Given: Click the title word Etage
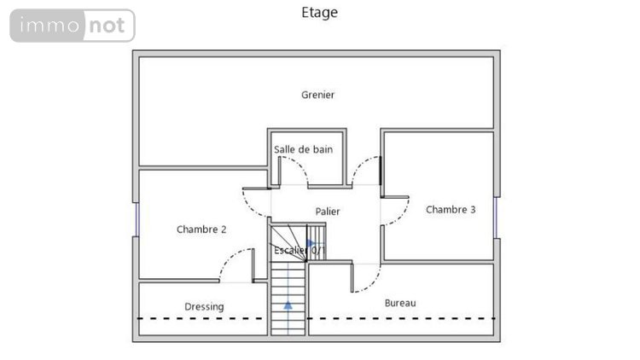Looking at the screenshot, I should pos(320,12).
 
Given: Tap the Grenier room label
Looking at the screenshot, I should pos(317,95).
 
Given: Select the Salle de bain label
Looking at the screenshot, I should pos(303,149).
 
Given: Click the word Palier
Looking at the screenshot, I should pos(327,212).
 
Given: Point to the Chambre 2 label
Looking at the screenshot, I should pos(201,229).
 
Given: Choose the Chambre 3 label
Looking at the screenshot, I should pos(450,209).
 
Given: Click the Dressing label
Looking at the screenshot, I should pos(204,306).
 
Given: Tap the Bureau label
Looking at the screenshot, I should pos(400,303).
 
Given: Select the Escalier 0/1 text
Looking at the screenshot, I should pos(299,250).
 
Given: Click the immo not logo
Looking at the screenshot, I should pos(73,26).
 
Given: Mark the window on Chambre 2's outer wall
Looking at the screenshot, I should pos(136,218).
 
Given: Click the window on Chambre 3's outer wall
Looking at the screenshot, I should pos(497,218).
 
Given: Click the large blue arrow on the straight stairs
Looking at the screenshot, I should pos(288,304).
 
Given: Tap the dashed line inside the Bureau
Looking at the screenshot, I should pos(401,319).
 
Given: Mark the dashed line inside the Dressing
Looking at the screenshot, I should pos(203,319).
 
